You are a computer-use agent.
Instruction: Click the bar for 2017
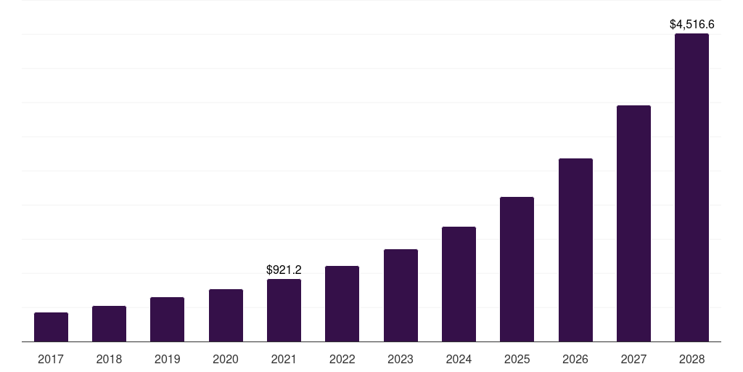pyautogui.click(x=51, y=327)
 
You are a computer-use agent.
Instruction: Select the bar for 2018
pyautogui.click(x=109, y=324)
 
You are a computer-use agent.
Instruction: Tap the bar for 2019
pyautogui.click(x=167, y=320)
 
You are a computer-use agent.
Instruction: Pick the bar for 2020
pyautogui.click(x=226, y=315)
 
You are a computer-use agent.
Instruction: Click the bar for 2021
pyautogui.click(x=284, y=310)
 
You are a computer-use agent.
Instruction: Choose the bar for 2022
pyautogui.click(x=342, y=304)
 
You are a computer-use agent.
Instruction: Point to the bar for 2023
pyautogui.click(x=401, y=296)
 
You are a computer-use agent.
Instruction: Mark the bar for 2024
pyautogui.click(x=459, y=284)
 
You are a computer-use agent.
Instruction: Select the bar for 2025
pyautogui.click(x=517, y=270)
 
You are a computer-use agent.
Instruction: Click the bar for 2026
pyautogui.click(x=575, y=250)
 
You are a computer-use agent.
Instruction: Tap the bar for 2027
pyautogui.click(x=633, y=224)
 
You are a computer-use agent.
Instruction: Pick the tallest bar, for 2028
pyautogui.click(x=691, y=187)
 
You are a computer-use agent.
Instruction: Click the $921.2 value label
pyautogui.click(x=284, y=270)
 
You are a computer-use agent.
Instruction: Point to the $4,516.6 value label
pyautogui.click(x=691, y=25)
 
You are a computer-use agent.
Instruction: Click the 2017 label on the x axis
pyautogui.click(x=51, y=359)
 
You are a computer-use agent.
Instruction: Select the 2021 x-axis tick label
pyautogui.click(x=284, y=359)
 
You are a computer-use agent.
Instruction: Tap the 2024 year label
pyautogui.click(x=459, y=359)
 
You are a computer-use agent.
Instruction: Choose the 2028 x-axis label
pyautogui.click(x=691, y=359)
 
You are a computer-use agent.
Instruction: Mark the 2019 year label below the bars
pyautogui.click(x=167, y=359)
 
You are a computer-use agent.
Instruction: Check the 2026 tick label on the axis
pyautogui.click(x=575, y=359)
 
